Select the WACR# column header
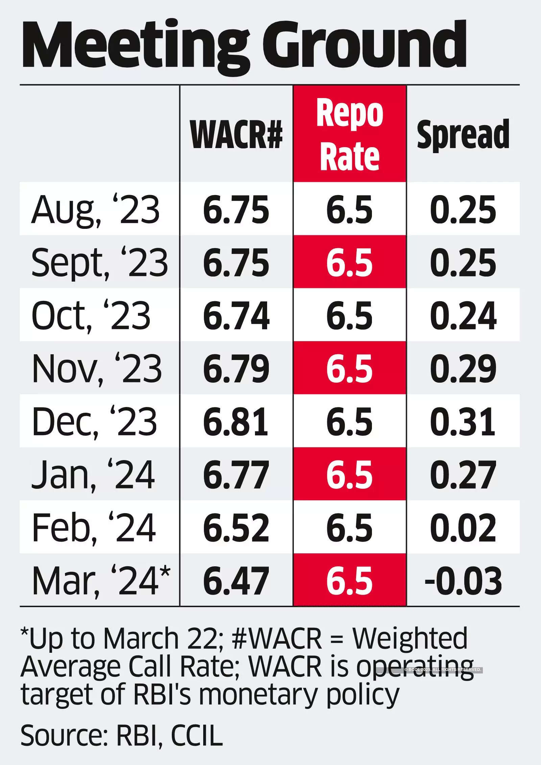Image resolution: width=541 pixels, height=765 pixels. click(x=236, y=135)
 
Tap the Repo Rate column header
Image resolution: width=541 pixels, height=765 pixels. click(x=350, y=135)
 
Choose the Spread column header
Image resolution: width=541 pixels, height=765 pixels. click(x=463, y=135)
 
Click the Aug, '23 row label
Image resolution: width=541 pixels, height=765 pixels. click(x=95, y=210)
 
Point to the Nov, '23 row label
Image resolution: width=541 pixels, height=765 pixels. click(x=97, y=368)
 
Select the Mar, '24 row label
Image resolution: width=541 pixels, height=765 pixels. click(x=101, y=581)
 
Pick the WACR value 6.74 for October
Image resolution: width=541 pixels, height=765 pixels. click(x=236, y=315)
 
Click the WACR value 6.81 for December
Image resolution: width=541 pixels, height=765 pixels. click(x=236, y=422)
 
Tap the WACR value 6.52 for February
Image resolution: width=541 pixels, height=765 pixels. click(x=236, y=528)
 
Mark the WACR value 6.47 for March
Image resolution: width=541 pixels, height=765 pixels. click(x=236, y=581)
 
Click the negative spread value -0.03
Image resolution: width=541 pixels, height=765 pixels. click(x=463, y=581)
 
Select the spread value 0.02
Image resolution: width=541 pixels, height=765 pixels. click(x=463, y=528)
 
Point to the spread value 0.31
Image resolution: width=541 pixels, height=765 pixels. click(x=463, y=422)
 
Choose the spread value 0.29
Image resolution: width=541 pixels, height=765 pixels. click(x=463, y=368)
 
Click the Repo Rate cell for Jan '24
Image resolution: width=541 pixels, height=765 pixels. click(x=350, y=475)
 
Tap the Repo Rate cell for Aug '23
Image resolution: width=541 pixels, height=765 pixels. click(x=350, y=210)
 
